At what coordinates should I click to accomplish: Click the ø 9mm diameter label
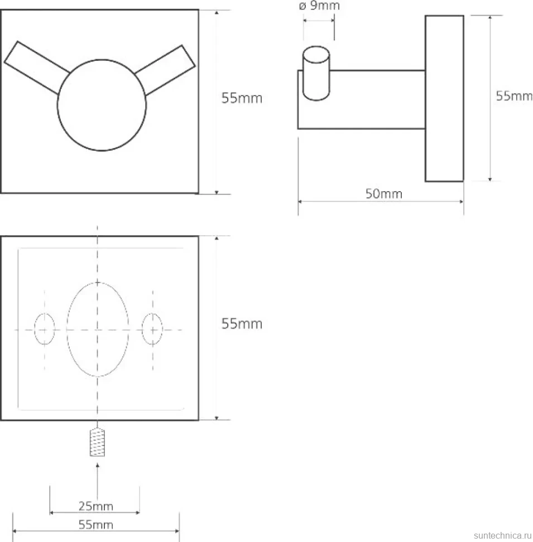[x=319, y=6]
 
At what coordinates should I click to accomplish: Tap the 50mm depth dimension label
[x=384, y=193]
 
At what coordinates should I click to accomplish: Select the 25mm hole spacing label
[x=95, y=506]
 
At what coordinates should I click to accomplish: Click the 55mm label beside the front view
[x=242, y=98]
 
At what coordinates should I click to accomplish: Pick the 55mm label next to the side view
[x=514, y=96]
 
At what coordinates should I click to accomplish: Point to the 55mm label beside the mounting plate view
[x=242, y=324]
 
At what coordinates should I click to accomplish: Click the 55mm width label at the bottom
[x=95, y=525]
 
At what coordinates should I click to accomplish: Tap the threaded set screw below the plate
[x=97, y=442]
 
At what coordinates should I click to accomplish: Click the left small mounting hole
[x=45, y=329]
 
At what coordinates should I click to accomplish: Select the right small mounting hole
[x=152, y=329]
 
